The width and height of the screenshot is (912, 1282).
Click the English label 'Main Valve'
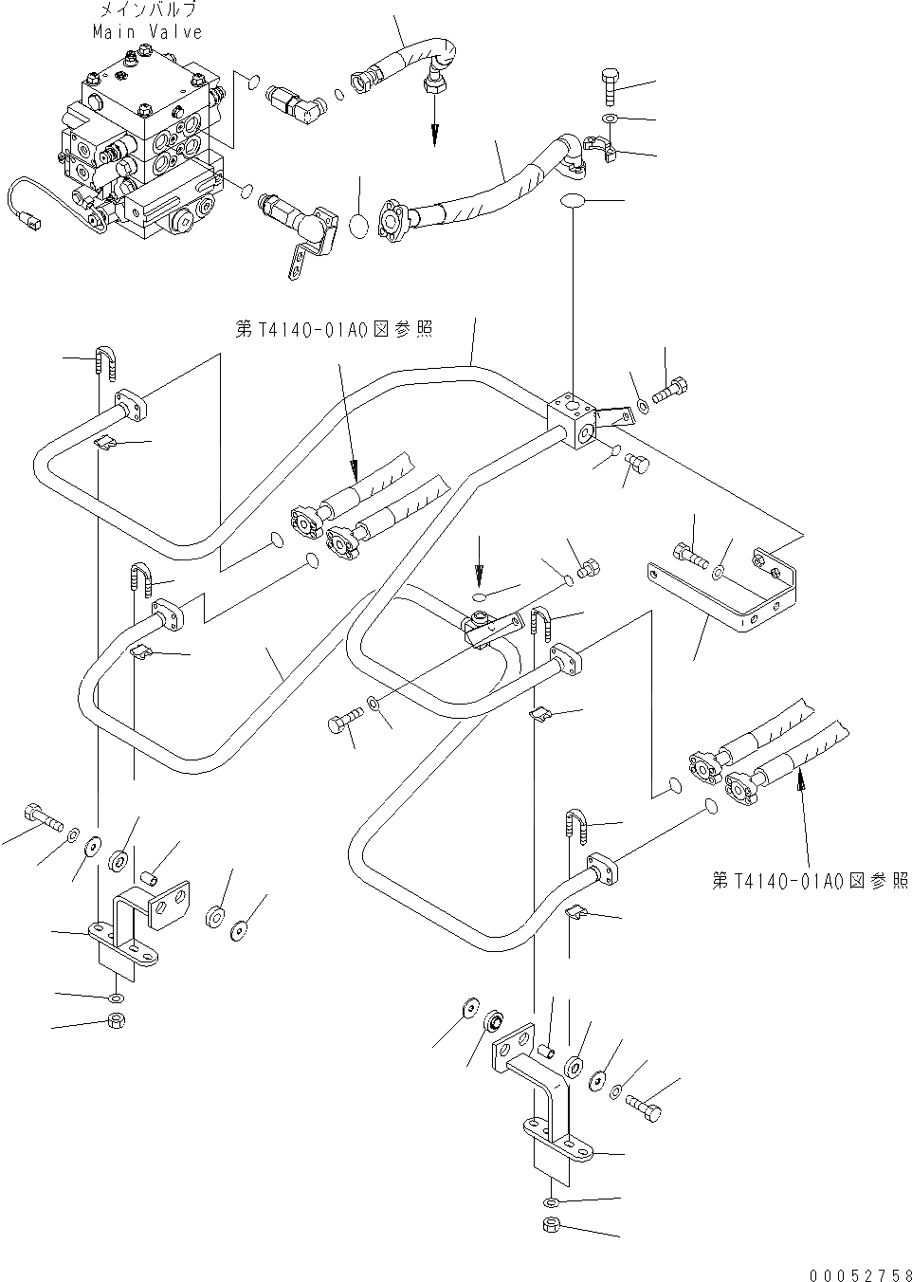click(x=147, y=32)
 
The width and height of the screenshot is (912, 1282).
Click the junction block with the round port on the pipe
click(x=575, y=418)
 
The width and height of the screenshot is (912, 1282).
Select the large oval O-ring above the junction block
click(x=575, y=201)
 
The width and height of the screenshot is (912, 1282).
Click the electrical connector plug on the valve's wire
click(x=34, y=225)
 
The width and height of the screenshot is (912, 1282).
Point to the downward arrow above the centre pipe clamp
click(x=479, y=559)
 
